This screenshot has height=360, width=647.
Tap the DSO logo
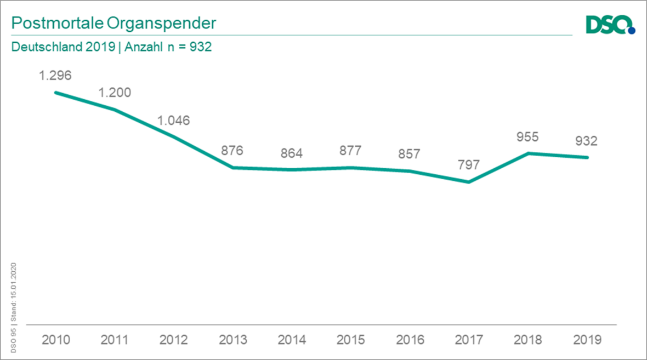[x=609, y=25]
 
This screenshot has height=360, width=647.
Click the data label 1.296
[x=55, y=75]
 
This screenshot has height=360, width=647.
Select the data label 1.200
[x=115, y=92]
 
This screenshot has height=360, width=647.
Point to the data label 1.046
[x=173, y=120]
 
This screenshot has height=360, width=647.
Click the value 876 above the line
[x=232, y=151]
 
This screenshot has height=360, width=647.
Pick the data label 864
[x=291, y=153]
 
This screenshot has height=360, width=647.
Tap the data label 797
[x=468, y=164]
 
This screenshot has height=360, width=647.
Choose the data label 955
[x=527, y=136]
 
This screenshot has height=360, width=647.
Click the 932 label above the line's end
[x=586, y=141]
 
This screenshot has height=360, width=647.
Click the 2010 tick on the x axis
[x=55, y=340]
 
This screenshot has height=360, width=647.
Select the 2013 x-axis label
[x=232, y=340]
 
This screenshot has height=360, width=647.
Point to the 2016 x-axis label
[x=409, y=340]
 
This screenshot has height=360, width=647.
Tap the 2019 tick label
[x=586, y=340]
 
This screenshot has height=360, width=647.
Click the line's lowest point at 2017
[x=468, y=182]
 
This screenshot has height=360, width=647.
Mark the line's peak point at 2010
[x=55, y=92]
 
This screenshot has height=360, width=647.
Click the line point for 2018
[x=527, y=153]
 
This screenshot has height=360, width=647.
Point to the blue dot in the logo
[x=632, y=31]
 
